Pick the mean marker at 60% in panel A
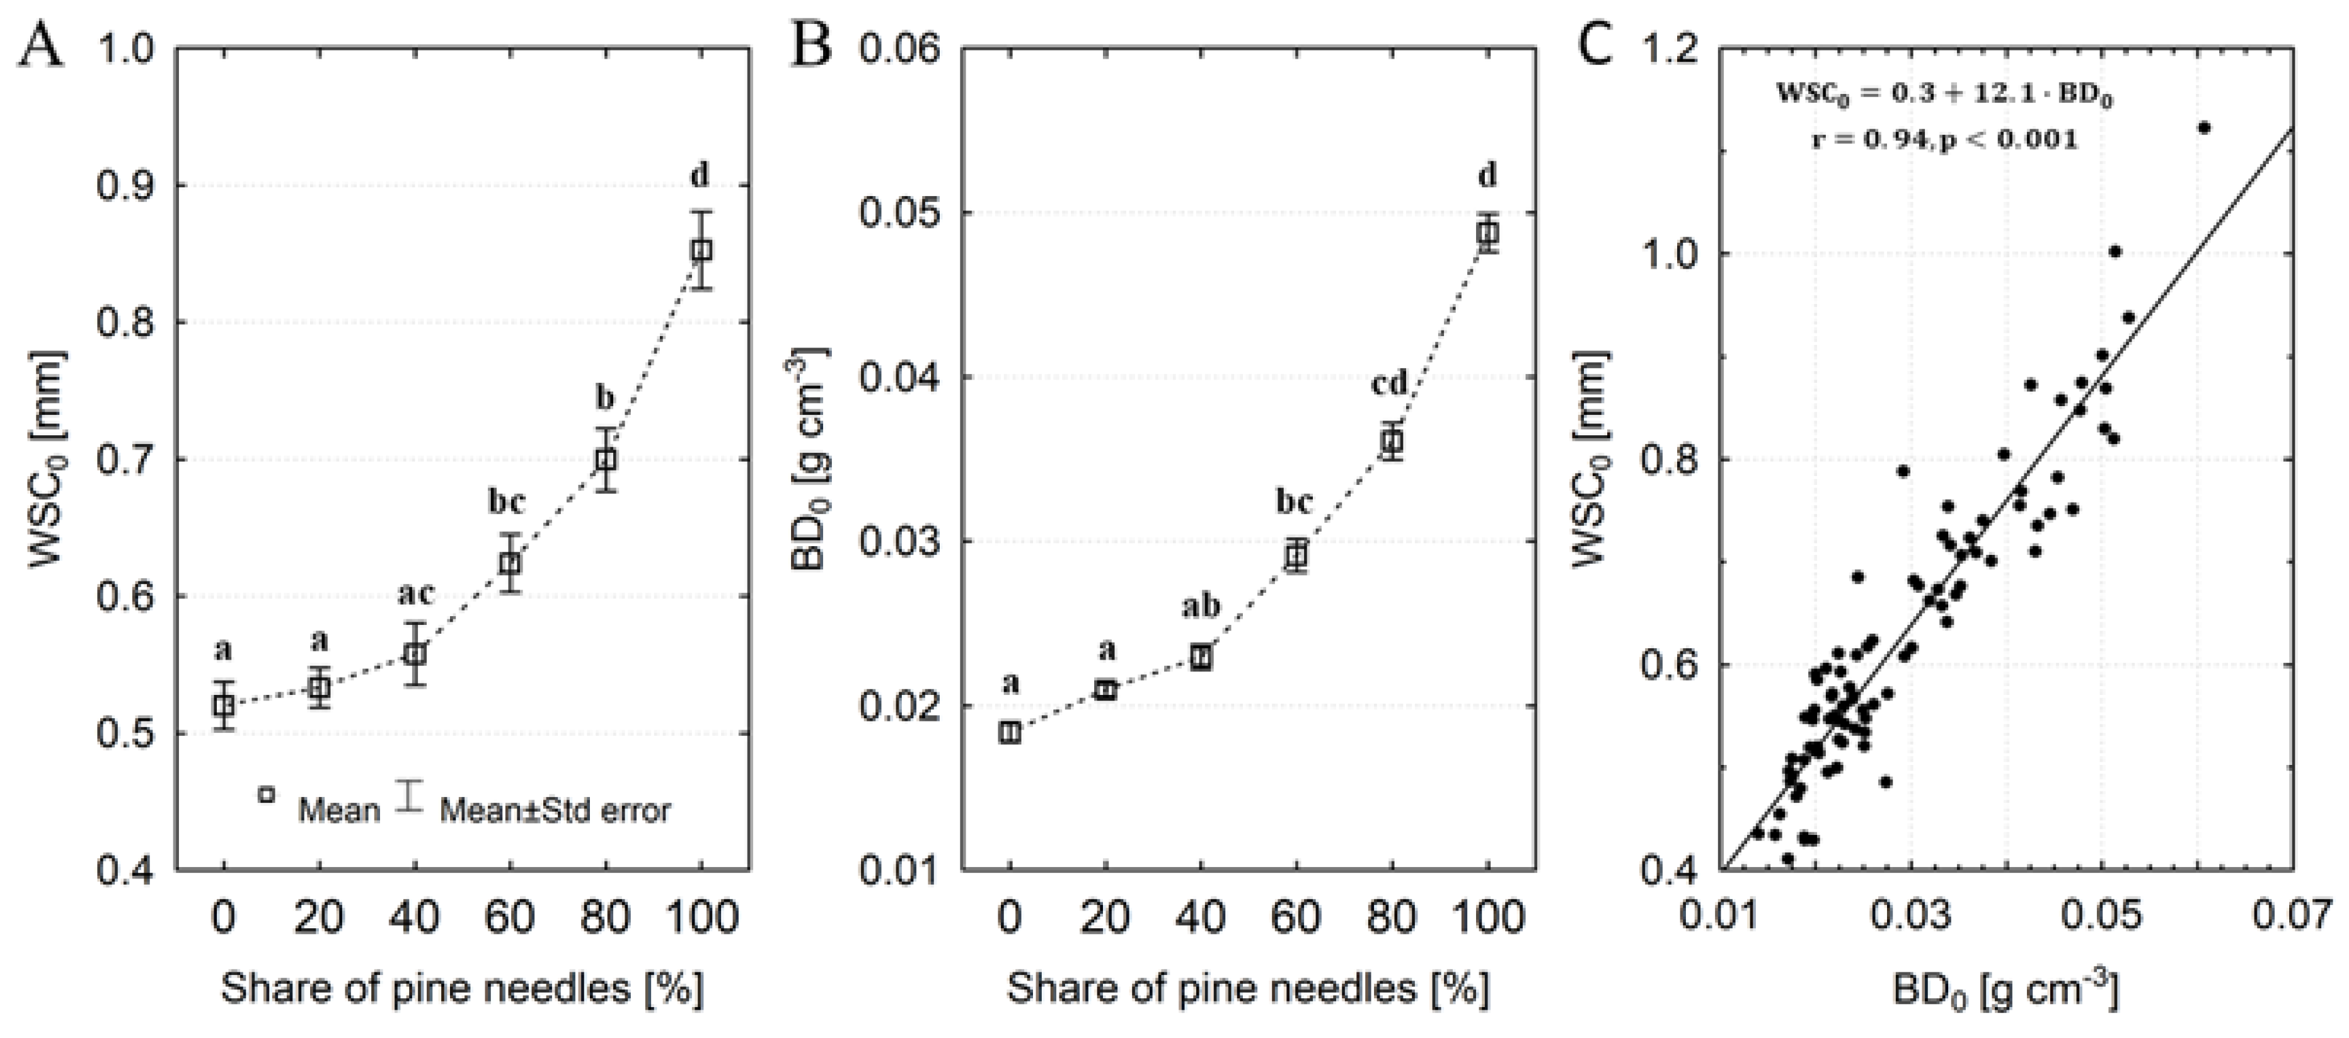click(x=511, y=563)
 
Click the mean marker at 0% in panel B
click(x=1008, y=732)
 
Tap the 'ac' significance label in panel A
click(x=415, y=595)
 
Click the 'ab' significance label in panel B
click(x=1201, y=607)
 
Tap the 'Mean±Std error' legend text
click(x=555, y=810)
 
